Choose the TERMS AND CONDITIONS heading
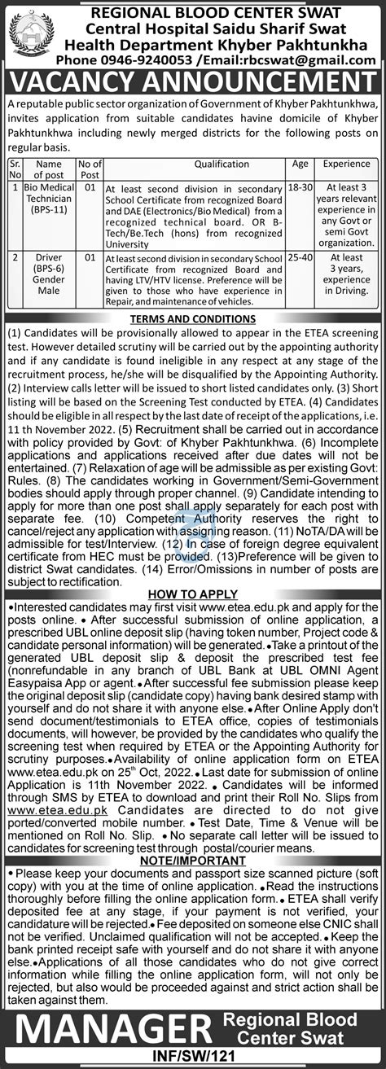click(x=193, y=318)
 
